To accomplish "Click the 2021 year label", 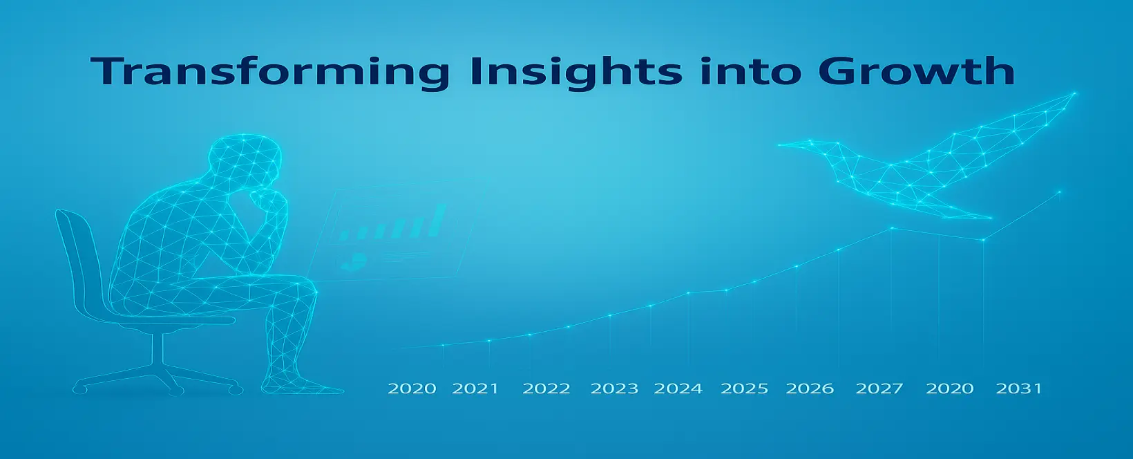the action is pos(475,388).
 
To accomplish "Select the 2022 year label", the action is pos(546,388).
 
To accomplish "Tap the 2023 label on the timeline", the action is pos(614,388).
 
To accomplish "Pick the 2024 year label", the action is pos(678,388).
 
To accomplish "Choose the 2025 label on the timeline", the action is pos(745,388).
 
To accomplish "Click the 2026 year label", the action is pos(810,388).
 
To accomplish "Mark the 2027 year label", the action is pos(879,388).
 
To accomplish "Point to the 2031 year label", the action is pos(1019,388).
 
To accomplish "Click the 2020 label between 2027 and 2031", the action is pos(949,388).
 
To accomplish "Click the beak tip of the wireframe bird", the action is pos(779,145).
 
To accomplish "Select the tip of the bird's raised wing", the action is pos(1075,93).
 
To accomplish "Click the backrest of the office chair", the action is pos(81,263).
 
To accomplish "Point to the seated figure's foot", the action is pos(303,384).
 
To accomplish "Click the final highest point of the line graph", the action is pos(1059,191).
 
